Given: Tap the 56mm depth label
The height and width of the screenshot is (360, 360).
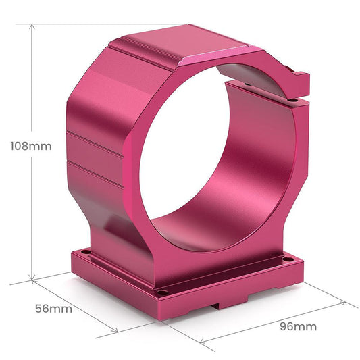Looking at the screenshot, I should pyautogui.click(x=53, y=308).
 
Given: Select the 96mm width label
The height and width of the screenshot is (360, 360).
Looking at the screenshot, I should pyautogui.click(x=298, y=326).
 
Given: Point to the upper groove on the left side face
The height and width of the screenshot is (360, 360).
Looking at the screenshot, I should pyautogui.click(x=95, y=145).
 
